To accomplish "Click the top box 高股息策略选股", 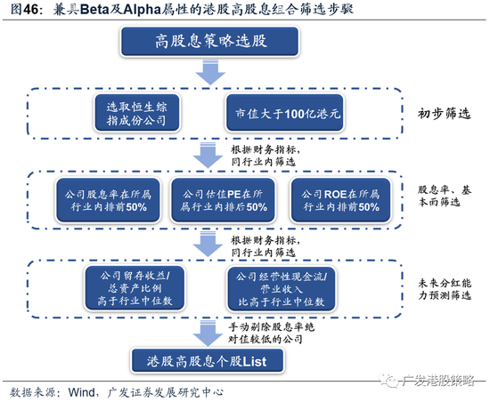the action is [210, 42].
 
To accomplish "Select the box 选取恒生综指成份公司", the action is [137, 113].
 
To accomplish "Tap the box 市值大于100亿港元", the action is [285, 113].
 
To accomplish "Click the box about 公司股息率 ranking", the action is [108, 200].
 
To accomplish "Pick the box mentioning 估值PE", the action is [223, 200].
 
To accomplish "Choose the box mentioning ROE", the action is [340, 200].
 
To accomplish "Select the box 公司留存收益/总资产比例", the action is [135, 288].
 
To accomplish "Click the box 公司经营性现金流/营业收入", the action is [282, 289].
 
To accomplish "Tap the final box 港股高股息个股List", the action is [208, 361].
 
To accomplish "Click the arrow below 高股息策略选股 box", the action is [210, 72].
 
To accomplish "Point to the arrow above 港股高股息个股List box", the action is [208, 333].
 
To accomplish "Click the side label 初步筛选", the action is [444, 113].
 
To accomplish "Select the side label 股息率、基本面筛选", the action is [445, 196].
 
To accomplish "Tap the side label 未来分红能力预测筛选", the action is [445, 289].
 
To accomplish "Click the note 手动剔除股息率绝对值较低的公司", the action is [271, 334].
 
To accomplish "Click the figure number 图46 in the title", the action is [25, 10].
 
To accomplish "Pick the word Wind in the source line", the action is [82, 392].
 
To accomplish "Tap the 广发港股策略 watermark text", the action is [437, 380].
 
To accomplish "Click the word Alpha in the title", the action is [142, 10].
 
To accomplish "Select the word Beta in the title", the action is [94, 10].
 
